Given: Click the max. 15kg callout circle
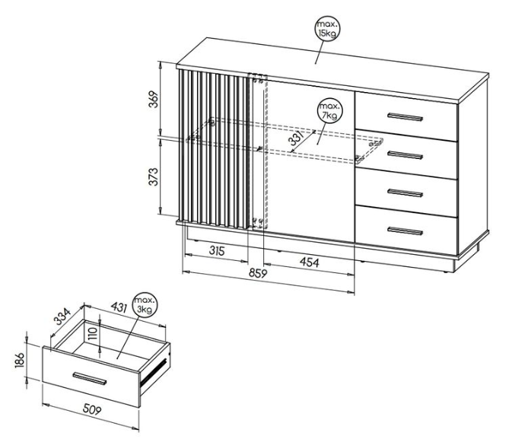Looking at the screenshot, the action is [x=327, y=29].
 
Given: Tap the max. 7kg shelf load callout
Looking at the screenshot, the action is [x=329, y=110].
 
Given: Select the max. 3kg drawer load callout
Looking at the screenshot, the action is [x=145, y=304].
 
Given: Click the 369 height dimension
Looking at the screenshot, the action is [x=154, y=99].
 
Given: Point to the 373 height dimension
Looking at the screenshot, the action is [x=154, y=176].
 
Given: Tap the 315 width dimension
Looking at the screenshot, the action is [x=217, y=251].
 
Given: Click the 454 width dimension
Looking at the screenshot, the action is [x=309, y=262].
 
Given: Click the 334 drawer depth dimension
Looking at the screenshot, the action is [x=62, y=316].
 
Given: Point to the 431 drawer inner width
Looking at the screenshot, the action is [x=119, y=307].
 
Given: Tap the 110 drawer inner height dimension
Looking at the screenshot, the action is [x=93, y=334].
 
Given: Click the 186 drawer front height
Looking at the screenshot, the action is [x=20, y=360].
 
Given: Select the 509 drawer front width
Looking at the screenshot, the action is [x=92, y=409].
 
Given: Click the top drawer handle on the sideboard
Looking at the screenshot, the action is [x=405, y=117].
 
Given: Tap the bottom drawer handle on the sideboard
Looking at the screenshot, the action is [x=405, y=231].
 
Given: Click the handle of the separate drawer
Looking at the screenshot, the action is [x=90, y=378].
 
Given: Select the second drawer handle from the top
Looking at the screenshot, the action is [x=405, y=155].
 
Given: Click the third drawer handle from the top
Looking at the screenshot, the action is [x=405, y=193].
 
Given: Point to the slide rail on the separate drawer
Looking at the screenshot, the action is [x=154, y=371].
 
